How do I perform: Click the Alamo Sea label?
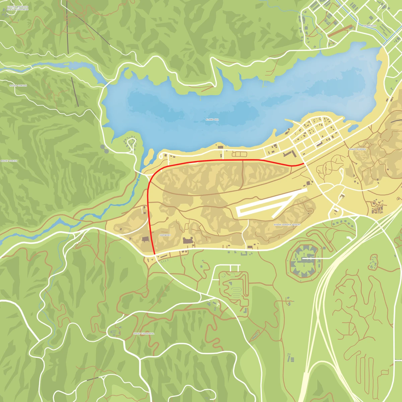point(212,120)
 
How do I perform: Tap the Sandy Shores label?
point(357,149)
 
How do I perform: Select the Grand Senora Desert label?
point(287,225)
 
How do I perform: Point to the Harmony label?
point(165,235)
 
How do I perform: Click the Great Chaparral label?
point(144,334)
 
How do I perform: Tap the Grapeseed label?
point(370,26)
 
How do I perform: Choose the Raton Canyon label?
point(18,86)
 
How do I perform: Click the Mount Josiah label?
point(9,161)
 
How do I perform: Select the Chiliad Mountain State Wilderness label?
point(17,8)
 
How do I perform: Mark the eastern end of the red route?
point(304,163)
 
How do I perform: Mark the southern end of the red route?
point(154,255)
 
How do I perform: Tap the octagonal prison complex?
point(304,259)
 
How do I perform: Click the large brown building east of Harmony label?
point(188,241)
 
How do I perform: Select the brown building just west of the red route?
point(145,239)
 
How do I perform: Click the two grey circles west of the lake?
point(104,149)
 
